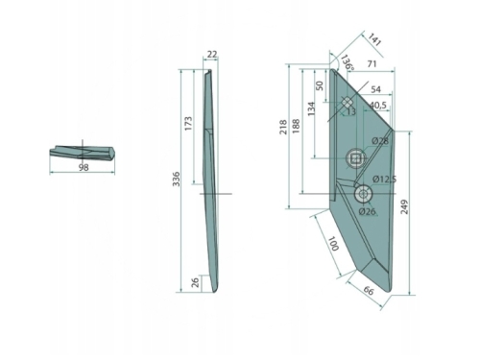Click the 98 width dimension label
[84, 167]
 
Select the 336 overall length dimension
[177, 180]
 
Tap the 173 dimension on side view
[189, 123]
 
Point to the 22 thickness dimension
[212, 55]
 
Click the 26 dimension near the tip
[196, 282]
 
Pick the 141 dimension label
[373, 39]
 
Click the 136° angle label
[348, 62]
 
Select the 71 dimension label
[372, 64]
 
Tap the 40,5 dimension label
[378, 105]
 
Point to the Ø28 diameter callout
[380, 141]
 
